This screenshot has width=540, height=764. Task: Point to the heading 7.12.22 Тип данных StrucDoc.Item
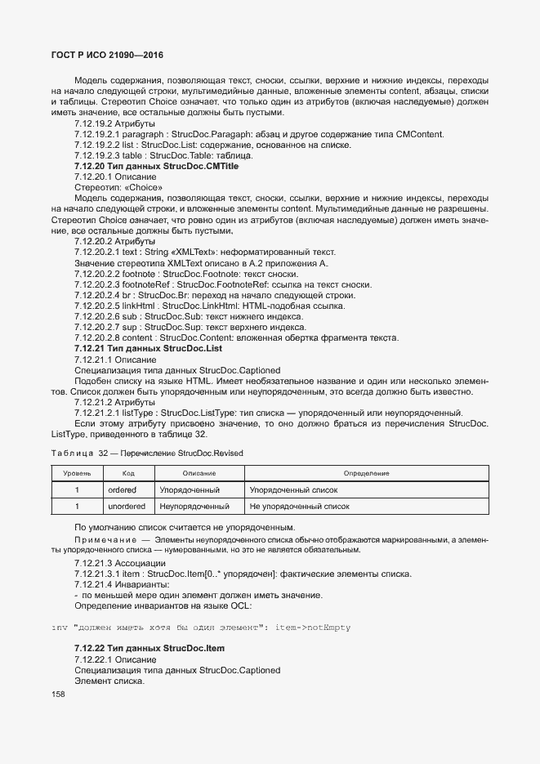click(x=149, y=648)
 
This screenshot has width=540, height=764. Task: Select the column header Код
click(x=128, y=473)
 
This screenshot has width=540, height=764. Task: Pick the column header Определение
click(x=365, y=473)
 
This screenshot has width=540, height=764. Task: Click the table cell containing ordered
click(x=122, y=490)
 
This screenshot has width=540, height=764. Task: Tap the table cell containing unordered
click(x=127, y=507)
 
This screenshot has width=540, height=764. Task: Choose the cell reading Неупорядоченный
click(x=194, y=507)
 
